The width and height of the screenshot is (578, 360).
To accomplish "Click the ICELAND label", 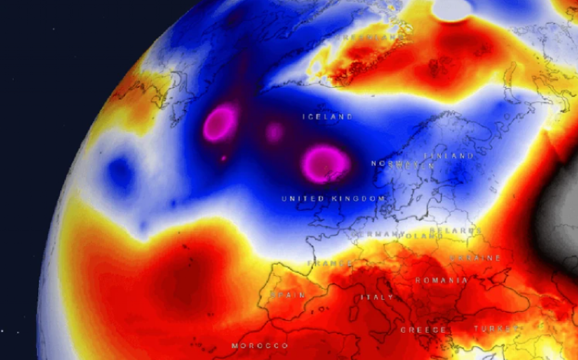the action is [x=328, y=117].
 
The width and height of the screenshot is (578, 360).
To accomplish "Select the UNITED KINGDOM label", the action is [x=333, y=198].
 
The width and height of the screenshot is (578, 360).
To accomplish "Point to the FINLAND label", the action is [x=451, y=156].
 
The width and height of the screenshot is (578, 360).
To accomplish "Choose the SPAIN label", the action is [x=286, y=295].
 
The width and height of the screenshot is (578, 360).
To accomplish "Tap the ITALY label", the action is [x=377, y=298].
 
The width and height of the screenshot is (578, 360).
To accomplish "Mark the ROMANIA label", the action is [x=442, y=280].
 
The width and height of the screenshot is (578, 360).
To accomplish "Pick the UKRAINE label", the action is [x=475, y=258].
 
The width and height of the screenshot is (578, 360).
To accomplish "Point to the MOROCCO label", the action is [x=259, y=346].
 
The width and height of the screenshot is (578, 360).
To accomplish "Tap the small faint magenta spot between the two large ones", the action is [x=274, y=132].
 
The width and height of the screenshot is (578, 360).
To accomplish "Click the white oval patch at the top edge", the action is [x=453, y=9].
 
